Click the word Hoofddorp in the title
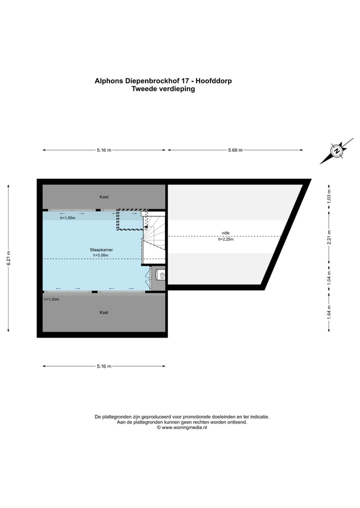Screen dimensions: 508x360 point(213,80)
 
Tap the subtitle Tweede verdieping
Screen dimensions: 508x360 point(163,89)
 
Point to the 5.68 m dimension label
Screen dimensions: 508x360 point(235,150)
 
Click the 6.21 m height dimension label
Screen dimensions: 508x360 point(8,258)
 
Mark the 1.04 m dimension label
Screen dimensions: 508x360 point(328,278)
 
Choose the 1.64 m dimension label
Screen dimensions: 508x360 point(328,311)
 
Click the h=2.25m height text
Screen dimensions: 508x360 point(225,240)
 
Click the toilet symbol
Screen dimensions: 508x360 point(160,274)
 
